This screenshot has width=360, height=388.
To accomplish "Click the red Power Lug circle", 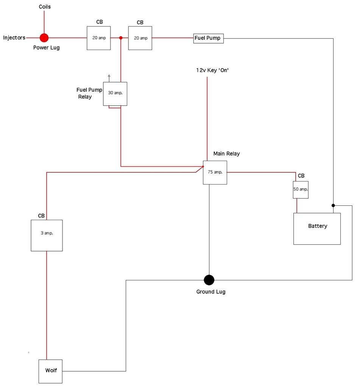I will pos(44,38).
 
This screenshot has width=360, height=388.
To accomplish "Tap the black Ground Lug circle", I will pos(209,280).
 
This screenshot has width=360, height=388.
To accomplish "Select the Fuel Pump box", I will pos(208,38).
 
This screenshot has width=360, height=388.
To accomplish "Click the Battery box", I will pos(317,228).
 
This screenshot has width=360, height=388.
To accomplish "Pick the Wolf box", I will pos(51,371).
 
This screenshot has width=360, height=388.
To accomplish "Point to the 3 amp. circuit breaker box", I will pos(47,235).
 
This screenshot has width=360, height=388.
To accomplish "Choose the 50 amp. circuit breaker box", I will pos(301,190).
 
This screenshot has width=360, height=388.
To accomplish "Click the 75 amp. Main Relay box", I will pos(215,172).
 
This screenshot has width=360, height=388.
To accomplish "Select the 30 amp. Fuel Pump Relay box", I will pos(115,94).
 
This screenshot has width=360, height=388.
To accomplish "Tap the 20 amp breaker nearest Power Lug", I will pos(99,38).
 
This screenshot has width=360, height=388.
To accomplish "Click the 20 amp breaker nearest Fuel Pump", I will pos(140,38).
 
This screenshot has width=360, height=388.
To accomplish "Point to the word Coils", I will pos(45,7).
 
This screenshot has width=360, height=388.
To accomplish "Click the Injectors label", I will pos(14,38).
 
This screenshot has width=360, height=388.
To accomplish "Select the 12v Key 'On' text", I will pos(213,70).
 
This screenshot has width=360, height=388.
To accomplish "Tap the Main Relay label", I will pos(226,153).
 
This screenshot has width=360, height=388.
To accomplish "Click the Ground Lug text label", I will pos(210,292).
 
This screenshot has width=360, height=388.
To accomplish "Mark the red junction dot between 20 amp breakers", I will pos(121,38).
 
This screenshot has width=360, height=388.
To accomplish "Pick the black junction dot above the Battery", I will pos(333,205).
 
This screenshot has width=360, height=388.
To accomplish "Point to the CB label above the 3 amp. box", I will pos(41,216).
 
